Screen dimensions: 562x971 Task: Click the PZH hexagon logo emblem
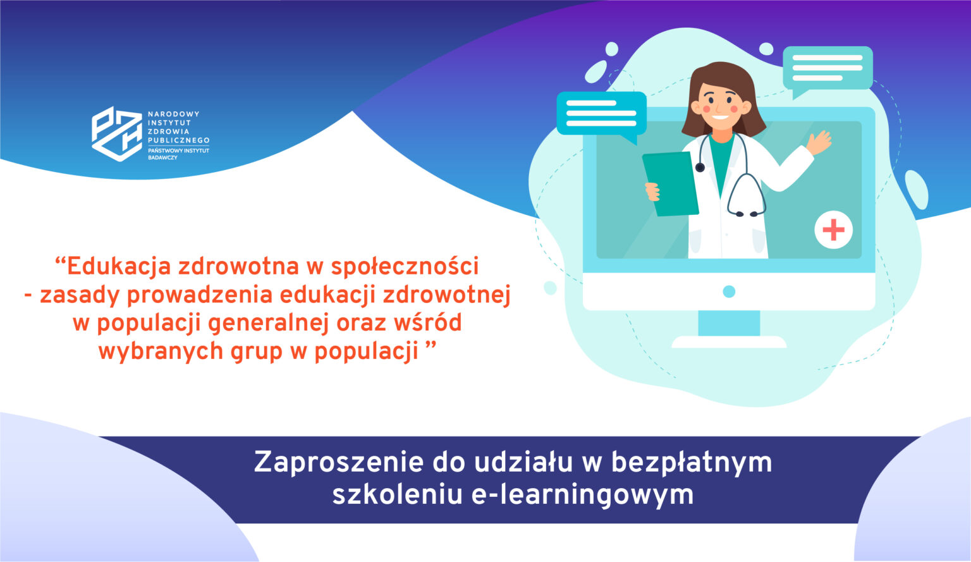pyautogui.click(x=117, y=133)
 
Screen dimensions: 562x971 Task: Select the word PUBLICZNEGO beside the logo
pyautogui.click(x=178, y=140)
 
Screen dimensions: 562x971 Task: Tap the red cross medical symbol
pyautogui.click(x=833, y=229)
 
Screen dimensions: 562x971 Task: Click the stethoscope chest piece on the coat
pyautogui.click(x=700, y=167)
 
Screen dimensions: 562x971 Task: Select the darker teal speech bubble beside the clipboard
pyautogui.click(x=601, y=114)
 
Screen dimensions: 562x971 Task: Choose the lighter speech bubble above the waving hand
pyautogui.click(x=827, y=68)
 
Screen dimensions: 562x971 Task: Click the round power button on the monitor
pyautogui.click(x=729, y=291)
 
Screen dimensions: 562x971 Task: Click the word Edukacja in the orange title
pyautogui.click(x=118, y=267)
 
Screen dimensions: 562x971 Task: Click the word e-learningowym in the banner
pyautogui.click(x=582, y=494)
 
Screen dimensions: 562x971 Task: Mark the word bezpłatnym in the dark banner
pyautogui.click(x=692, y=463)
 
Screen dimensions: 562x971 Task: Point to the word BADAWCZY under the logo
pyautogui.click(x=162, y=157)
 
